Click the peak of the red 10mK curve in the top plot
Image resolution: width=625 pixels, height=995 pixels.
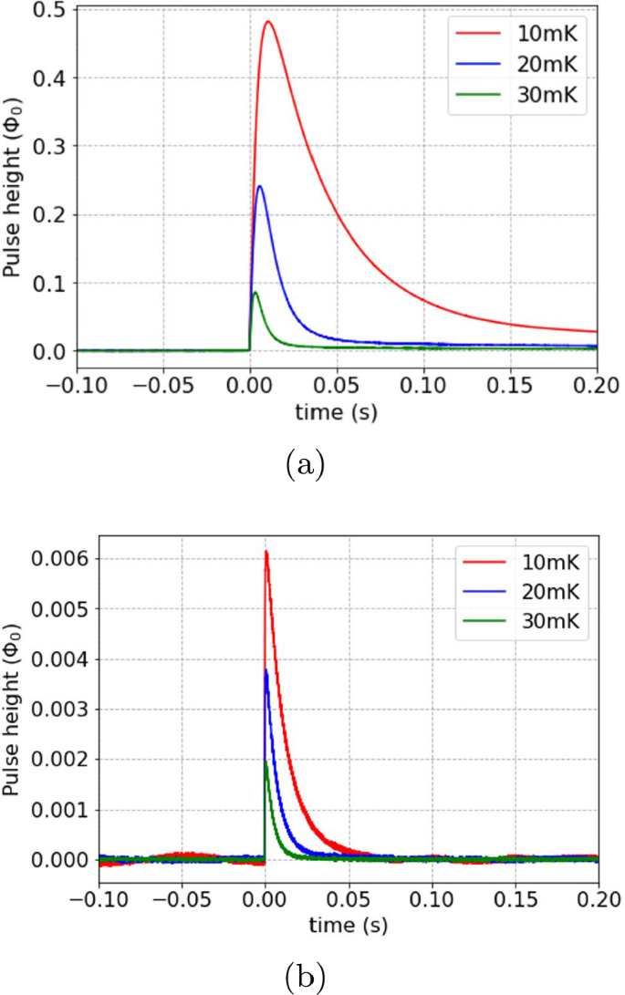[x=268, y=22]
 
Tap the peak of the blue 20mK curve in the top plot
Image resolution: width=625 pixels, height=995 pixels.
[x=261, y=187]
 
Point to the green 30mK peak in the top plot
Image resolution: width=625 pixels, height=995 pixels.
[x=255, y=293]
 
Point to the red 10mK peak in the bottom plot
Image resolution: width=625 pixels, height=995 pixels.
[x=266, y=553]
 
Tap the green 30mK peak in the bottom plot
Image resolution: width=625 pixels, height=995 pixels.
[x=266, y=762]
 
